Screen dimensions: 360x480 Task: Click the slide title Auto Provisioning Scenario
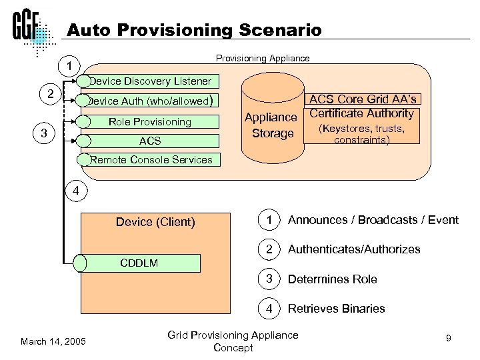194,30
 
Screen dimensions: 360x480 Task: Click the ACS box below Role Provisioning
151,141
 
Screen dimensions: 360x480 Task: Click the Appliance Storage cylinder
270,123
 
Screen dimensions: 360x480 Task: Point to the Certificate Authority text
362,113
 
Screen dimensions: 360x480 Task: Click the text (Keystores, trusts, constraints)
362,134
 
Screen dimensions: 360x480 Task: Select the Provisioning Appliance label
263,58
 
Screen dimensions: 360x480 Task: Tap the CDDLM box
140,263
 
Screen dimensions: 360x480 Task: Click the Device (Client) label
155,222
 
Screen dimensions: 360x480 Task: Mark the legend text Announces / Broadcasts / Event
373,220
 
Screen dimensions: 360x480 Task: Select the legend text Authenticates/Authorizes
354,249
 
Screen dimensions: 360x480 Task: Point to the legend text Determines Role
332,279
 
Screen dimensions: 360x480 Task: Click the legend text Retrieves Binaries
336,308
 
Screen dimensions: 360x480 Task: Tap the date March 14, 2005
53,341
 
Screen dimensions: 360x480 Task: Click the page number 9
449,339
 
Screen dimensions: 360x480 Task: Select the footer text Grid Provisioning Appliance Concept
233,341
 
